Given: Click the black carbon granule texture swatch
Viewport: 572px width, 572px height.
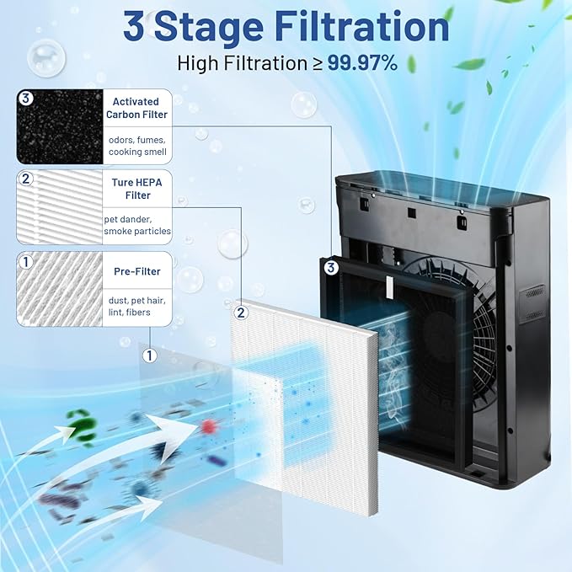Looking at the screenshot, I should pos(58,127).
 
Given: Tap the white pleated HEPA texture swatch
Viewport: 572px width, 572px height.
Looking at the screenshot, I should pos(58,207).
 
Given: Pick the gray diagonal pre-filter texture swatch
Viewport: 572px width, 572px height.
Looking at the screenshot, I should pos(58,289).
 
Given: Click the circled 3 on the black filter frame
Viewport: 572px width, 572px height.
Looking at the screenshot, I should pos(331,269).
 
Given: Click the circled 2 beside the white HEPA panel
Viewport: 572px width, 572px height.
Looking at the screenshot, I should pos(242,313).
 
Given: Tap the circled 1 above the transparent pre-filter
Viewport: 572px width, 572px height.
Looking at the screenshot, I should pos(150,355).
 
